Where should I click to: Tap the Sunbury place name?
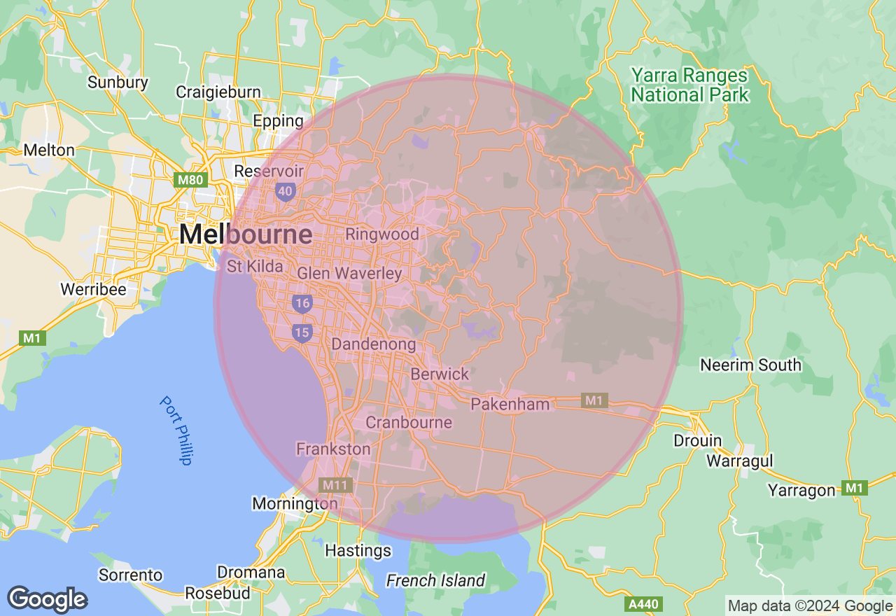118,83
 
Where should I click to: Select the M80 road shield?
190,180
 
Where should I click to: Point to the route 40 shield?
285,191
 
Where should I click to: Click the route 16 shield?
302,303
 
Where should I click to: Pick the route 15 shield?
302,332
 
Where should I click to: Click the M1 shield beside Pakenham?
594,400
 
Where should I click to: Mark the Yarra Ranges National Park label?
689,85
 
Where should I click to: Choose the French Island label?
435,580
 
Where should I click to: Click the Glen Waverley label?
349,274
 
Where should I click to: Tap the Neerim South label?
750,365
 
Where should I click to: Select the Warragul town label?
739,461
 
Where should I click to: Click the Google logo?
47,599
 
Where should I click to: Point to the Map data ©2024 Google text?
810,606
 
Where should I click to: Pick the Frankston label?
333,449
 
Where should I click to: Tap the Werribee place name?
93,289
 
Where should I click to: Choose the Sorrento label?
130,575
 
